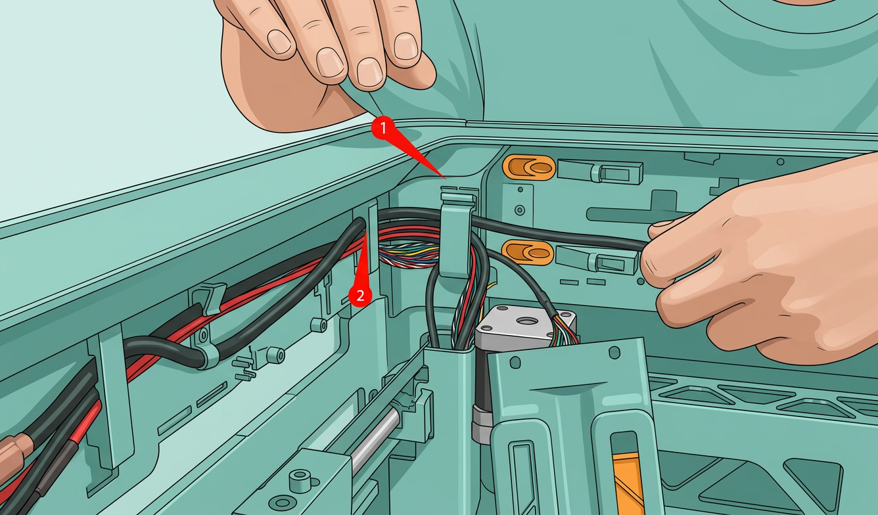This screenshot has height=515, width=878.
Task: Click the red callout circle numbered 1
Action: (x=383, y=128)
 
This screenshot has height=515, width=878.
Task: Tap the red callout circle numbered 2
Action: (x=360, y=295)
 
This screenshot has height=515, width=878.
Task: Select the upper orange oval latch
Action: (x=529, y=168)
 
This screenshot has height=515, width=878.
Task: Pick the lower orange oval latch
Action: (x=528, y=252)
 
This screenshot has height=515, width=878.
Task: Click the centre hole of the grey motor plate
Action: (x=527, y=321)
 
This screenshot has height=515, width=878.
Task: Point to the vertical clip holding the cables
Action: (x=455, y=232)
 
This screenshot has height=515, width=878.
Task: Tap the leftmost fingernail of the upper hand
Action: (x=279, y=41)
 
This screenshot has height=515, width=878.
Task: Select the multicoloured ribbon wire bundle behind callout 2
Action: (x=408, y=255)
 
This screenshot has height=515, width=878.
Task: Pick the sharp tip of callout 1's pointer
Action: (x=446, y=179)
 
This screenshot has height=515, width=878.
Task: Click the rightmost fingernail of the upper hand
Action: (x=405, y=46)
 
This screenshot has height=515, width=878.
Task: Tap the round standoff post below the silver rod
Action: (x=300, y=480)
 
